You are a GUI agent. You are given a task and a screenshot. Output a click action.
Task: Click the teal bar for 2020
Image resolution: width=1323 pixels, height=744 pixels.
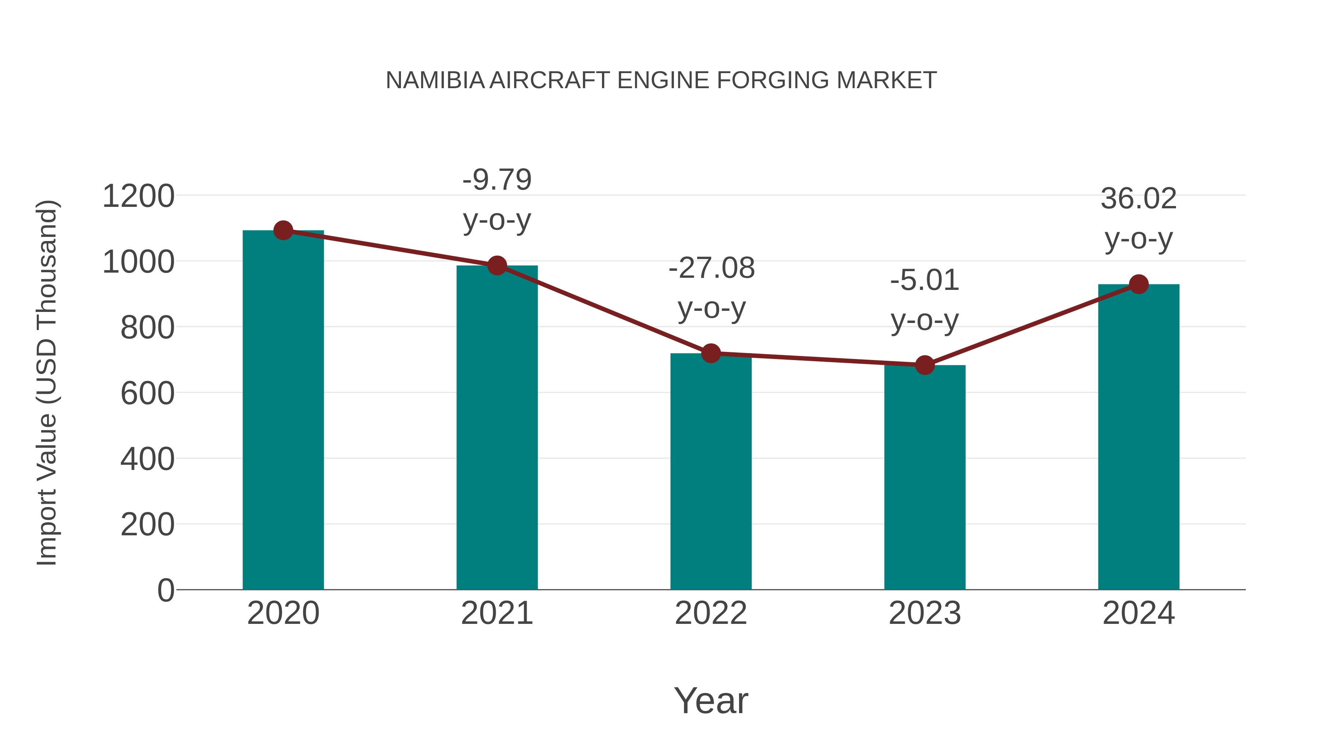click(x=283, y=411)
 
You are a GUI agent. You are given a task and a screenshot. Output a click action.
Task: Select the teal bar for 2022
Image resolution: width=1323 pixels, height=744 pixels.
click(x=711, y=472)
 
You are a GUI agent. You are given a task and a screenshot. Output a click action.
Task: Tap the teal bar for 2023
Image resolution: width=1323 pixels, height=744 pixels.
click(x=925, y=478)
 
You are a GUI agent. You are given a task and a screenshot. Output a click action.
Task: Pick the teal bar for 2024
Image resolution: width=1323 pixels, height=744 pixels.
click(x=1139, y=436)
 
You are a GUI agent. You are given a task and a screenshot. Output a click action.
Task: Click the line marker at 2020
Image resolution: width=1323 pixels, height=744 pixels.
click(x=283, y=230)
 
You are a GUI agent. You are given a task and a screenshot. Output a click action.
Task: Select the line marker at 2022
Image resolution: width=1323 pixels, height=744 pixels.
click(x=711, y=353)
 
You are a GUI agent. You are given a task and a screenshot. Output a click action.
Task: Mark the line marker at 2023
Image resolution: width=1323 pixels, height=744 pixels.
click(x=925, y=365)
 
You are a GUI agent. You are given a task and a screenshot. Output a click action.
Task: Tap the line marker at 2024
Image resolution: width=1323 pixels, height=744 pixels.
click(x=1139, y=284)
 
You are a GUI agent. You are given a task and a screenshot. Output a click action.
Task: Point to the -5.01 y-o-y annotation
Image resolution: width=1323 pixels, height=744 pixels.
click(x=925, y=301)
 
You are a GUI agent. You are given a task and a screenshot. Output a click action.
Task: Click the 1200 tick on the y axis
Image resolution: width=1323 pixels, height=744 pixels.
click(x=139, y=196)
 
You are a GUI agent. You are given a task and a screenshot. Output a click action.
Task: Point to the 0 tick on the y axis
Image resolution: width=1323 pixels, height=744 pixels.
click(x=166, y=590)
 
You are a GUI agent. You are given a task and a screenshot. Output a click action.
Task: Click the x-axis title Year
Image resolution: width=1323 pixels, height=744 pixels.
click(x=711, y=700)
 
